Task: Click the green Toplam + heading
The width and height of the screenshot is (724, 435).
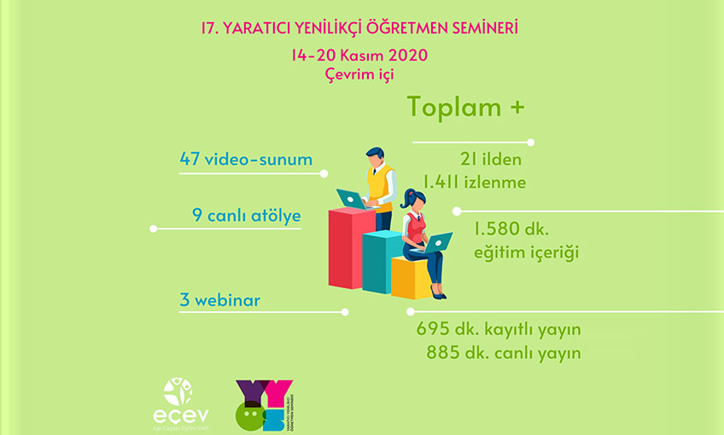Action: [465, 107]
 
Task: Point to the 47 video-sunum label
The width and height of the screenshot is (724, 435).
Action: [246, 159]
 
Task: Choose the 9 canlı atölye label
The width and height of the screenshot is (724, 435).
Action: [248, 216]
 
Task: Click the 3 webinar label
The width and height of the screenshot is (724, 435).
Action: [220, 299]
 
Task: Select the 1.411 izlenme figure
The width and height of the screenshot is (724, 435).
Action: [475, 182]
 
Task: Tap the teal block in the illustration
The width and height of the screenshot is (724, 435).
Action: [380, 260]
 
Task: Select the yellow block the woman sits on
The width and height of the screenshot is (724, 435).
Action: [410, 277]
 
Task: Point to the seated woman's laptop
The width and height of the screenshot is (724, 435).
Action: [438, 242]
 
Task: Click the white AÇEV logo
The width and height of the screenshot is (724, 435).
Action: [178, 400]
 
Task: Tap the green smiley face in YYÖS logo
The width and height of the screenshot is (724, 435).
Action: [248, 415]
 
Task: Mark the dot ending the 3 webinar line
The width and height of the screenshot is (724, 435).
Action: [345, 312]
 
